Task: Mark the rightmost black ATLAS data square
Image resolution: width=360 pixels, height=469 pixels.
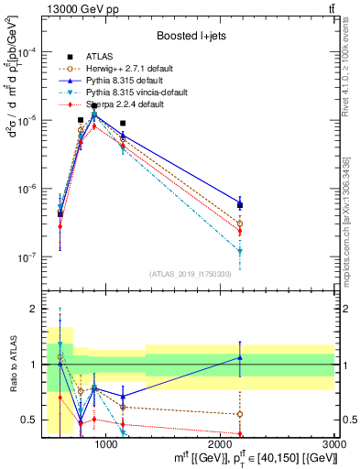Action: tap(240, 205)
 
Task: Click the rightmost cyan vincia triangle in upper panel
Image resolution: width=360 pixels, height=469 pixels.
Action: tap(240, 250)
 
